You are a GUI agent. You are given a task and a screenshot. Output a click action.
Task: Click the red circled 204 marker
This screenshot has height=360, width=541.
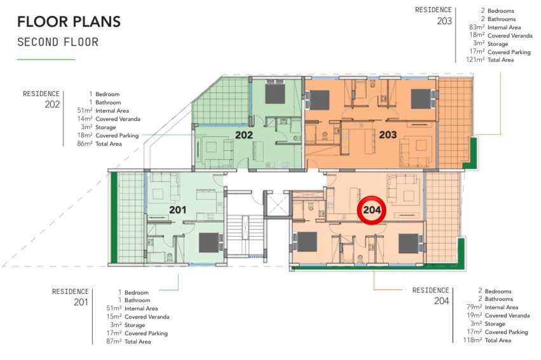(x=372, y=210)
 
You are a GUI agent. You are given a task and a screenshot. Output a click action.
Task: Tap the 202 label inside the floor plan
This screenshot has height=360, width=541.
(x=244, y=135)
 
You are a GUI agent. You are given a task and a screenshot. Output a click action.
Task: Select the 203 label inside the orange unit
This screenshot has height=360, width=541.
(x=388, y=135)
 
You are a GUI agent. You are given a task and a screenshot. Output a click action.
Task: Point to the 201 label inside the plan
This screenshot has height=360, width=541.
(x=178, y=209)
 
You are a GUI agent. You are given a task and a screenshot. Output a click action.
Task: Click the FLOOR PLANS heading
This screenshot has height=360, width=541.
(x=69, y=22)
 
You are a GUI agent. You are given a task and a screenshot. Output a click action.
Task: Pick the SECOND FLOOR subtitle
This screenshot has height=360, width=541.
(x=58, y=42)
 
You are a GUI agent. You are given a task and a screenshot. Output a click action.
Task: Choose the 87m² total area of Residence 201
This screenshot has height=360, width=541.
(x=114, y=342)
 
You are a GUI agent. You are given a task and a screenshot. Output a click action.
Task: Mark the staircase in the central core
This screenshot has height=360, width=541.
(x=245, y=235)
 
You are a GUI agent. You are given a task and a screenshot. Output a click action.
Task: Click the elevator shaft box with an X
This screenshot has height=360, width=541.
(x=277, y=204)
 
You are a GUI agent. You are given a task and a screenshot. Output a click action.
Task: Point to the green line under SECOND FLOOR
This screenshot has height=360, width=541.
(x=46, y=59)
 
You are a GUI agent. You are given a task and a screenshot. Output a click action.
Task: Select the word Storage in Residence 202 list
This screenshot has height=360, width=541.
(x=106, y=127)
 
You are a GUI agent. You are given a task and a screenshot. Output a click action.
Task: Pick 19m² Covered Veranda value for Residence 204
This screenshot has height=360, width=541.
(x=474, y=315)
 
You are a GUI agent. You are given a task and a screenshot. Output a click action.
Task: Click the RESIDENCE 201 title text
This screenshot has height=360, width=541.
(x=71, y=297)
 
